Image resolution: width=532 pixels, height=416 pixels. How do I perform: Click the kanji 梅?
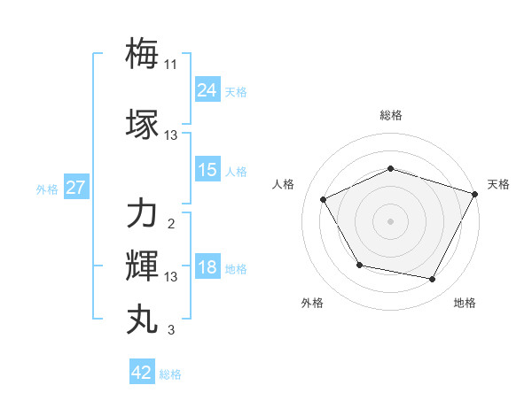point(142,52)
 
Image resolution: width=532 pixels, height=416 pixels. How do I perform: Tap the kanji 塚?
point(142,123)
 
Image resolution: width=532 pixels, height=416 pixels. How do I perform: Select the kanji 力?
point(142,213)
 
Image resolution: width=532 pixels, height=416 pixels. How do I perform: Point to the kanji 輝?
point(142,266)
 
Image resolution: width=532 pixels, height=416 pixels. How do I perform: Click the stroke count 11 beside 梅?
point(171,65)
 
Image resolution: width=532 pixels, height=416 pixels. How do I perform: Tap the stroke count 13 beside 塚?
point(171,135)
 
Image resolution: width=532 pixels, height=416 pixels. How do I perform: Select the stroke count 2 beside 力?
point(171,224)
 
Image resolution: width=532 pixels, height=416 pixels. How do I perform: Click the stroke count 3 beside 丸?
point(171,331)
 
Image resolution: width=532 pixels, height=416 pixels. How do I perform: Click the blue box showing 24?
point(207,89)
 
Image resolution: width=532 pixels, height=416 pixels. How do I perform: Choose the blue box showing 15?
point(207,170)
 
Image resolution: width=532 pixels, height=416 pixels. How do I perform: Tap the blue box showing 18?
point(207,268)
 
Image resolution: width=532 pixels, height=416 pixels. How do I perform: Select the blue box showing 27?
point(75,188)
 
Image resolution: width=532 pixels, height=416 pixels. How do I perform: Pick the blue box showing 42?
point(141,373)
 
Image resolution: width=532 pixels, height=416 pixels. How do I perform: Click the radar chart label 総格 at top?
point(391,115)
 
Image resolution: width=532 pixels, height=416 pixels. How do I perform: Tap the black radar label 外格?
point(312,303)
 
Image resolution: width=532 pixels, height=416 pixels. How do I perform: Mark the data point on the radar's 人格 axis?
point(323,200)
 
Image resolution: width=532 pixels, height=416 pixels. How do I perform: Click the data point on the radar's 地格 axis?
point(433,280)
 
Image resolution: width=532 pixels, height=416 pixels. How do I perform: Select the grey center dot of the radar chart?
point(390,221)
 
